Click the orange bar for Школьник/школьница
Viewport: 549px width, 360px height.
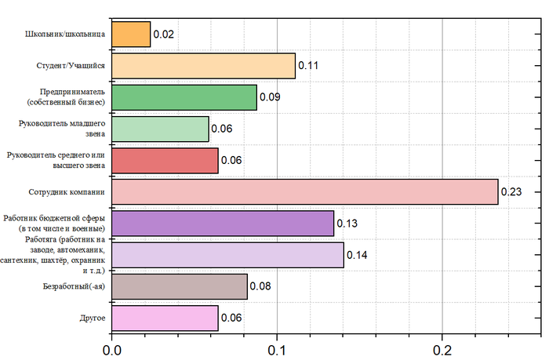131,35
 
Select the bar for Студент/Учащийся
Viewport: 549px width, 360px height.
204,66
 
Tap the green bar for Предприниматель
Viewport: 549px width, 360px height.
184,97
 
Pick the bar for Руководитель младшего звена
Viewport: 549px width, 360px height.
160,129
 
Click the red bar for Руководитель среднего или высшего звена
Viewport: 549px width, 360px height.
165,160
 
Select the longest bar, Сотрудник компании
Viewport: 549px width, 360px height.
305,191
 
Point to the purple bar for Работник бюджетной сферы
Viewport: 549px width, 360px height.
223,224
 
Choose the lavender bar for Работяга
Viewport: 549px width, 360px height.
227,255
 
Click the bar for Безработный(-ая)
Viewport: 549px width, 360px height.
180,286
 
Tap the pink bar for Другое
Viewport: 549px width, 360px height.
165,318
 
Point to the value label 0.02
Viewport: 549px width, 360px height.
164,35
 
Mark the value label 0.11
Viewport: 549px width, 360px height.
308,67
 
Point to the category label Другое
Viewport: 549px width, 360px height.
93,318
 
